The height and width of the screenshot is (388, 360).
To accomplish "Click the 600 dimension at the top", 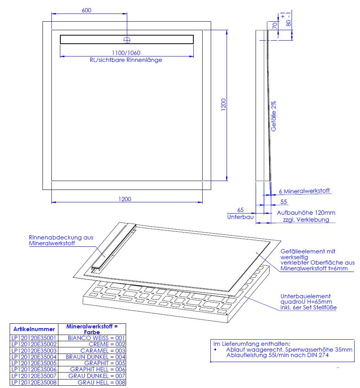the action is click(x=87, y=10).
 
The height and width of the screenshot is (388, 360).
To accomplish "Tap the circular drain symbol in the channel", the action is click(x=127, y=40).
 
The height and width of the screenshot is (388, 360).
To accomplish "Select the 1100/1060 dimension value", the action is click(x=126, y=53).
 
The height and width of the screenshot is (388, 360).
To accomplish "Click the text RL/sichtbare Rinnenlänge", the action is click(x=126, y=60).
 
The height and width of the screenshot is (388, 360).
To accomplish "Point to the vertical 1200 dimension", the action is click(x=224, y=105).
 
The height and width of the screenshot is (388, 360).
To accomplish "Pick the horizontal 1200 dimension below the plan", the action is click(x=125, y=199).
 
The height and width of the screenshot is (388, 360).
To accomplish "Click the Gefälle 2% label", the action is click(x=273, y=116).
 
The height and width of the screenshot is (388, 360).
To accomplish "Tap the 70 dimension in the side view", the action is click(x=275, y=26).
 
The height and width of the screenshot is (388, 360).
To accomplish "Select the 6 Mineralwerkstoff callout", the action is click(x=304, y=191).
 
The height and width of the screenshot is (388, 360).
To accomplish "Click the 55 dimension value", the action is click(x=283, y=202).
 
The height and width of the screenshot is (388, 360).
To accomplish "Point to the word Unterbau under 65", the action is click(x=240, y=217).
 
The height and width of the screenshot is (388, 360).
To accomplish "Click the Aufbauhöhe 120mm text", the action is click(x=306, y=213).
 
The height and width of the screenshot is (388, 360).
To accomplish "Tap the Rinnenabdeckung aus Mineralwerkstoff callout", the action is click(x=61, y=240).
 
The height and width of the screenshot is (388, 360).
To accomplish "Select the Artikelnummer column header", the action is click(x=34, y=329).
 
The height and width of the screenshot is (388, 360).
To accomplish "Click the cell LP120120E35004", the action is click(x=34, y=357).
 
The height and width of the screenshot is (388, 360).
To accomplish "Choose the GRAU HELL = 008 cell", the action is click(x=102, y=382).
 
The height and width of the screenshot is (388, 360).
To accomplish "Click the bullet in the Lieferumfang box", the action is click(x=215, y=350).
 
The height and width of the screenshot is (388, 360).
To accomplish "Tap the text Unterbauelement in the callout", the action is click(x=305, y=296).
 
